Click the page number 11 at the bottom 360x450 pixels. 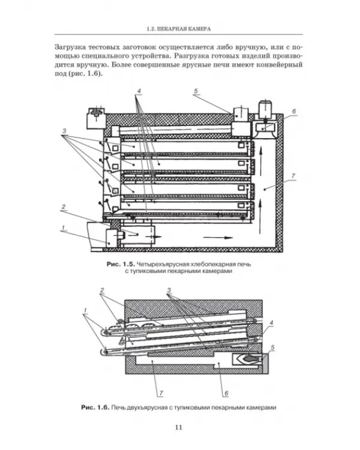tap(179, 427)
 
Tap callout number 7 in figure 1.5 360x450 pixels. tap(293, 176)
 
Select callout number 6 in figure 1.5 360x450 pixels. tap(293, 111)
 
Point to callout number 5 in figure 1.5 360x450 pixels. tap(196, 91)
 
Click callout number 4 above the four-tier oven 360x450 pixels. tap(139, 91)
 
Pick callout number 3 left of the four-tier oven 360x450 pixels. tap(64, 131)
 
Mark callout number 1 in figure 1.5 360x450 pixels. tap(63, 228)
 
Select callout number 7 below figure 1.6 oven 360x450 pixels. tap(161, 393)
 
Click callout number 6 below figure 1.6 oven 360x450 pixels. tap(226, 393)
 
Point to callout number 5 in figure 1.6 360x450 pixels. tap(272, 347)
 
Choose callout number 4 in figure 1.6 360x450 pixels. tap(271, 323)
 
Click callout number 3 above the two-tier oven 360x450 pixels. tap(169, 290)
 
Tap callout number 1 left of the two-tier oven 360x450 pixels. tap(85, 311)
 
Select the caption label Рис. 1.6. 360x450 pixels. tap(95, 407)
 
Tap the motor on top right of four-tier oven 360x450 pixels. tap(266, 109)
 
